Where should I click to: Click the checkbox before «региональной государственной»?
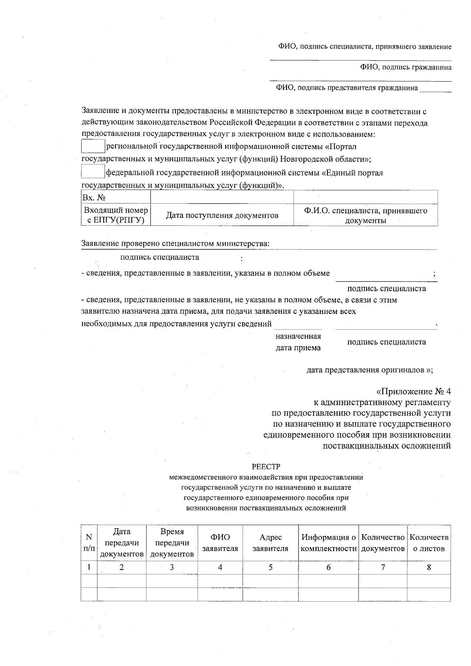[x=93, y=146]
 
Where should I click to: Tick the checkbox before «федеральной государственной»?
[x=93, y=172]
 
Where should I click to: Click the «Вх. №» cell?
[x=116, y=197]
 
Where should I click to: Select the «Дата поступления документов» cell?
[x=222, y=215]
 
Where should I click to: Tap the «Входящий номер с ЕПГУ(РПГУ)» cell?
[x=116, y=215]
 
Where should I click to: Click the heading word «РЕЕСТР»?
[x=266, y=467]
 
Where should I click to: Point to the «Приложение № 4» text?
[x=413, y=392]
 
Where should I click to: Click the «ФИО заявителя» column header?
[x=220, y=543]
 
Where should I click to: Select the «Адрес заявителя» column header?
[x=270, y=543]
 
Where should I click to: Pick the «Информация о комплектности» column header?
[x=329, y=543]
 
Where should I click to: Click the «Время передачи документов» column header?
[x=172, y=543]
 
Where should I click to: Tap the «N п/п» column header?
[x=89, y=543]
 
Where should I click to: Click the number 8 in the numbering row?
[x=429, y=567]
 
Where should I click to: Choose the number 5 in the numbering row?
[x=270, y=567]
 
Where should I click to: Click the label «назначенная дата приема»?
[x=298, y=342]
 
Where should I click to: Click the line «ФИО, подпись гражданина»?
[x=406, y=67]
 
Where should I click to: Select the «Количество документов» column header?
[x=383, y=543]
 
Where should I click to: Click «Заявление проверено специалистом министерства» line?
[x=175, y=243]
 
